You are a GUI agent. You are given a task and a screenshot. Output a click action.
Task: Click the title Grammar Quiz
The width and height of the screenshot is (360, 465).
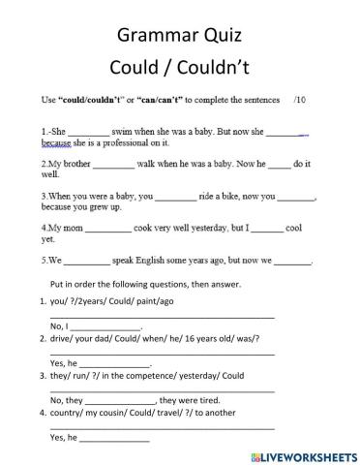pyautogui.click(x=179, y=37)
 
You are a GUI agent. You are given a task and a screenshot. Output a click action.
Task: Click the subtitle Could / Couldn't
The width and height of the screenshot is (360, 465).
pyautogui.click(x=179, y=71)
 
